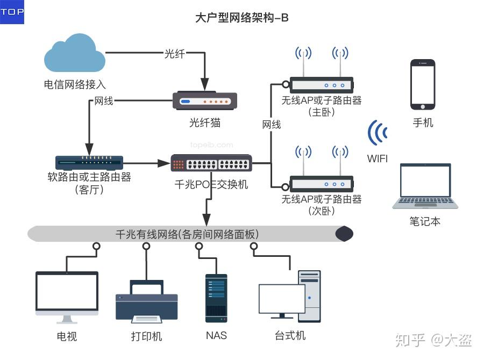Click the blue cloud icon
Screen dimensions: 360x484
coord(75,55)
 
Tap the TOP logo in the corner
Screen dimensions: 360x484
coord(12,12)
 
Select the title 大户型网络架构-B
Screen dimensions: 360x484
coord(241,18)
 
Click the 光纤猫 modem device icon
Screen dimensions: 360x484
coord(204,101)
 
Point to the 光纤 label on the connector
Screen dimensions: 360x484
coord(174,54)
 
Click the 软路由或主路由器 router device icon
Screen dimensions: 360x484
coord(89,162)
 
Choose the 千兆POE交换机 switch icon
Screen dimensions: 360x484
coord(211,163)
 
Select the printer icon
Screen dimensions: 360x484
coord(146,302)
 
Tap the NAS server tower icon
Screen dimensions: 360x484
coord(216,298)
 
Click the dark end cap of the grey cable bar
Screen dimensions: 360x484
coord(344,234)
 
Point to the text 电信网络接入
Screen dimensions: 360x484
coord(75,85)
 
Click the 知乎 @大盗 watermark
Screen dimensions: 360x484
coord(433,340)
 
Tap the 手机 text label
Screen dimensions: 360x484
coord(423,123)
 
